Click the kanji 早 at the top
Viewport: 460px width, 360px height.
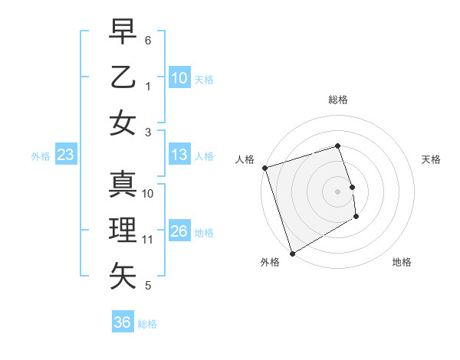pyautogui.click(x=123, y=32)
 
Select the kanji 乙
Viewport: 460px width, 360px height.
pyautogui.click(x=123, y=77)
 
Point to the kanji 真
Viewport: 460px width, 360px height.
pyautogui.click(x=123, y=185)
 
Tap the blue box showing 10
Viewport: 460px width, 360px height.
pyautogui.click(x=179, y=78)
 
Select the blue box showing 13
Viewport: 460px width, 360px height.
pyautogui.click(x=179, y=155)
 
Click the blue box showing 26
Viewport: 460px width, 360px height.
pyautogui.click(x=179, y=231)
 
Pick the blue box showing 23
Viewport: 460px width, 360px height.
pyautogui.click(x=65, y=155)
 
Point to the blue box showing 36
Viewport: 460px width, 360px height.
pyautogui.click(x=123, y=322)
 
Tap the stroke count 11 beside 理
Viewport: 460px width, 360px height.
pyautogui.click(x=148, y=239)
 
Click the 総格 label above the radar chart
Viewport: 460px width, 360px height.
pyautogui.click(x=337, y=100)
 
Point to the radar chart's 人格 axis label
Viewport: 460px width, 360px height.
pyautogui.click(x=245, y=159)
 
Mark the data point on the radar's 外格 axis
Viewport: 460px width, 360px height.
pyautogui.click(x=292, y=253)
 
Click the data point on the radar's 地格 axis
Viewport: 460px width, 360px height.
pyautogui.click(x=356, y=218)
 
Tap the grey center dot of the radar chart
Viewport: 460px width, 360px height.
pyautogui.click(x=337, y=191)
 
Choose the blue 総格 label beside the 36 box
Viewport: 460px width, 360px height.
pyautogui.click(x=147, y=324)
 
